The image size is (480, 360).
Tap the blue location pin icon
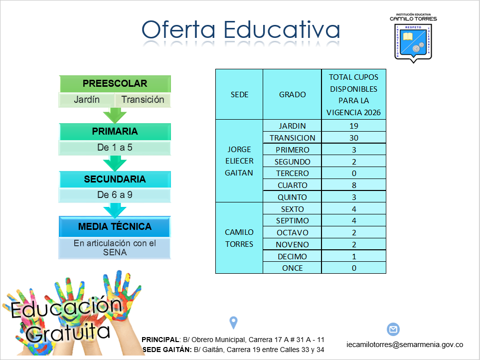(x=234, y=323)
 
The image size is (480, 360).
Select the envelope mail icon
(x=393, y=329)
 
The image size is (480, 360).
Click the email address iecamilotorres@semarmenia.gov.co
(x=405, y=345)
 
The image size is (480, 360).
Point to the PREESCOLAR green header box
(x=115, y=84)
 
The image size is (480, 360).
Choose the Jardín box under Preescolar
(x=87, y=100)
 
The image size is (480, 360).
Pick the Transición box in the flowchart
(x=143, y=100)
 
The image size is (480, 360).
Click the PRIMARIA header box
(x=115, y=132)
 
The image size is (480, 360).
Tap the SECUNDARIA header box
(x=115, y=180)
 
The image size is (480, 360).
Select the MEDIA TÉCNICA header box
(x=115, y=227)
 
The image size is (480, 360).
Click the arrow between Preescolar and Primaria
(x=115, y=115)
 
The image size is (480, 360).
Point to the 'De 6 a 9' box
(x=115, y=195)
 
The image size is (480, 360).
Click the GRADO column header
(x=293, y=94)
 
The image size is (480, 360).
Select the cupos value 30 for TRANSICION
(x=354, y=138)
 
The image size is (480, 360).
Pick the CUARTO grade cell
(x=293, y=185)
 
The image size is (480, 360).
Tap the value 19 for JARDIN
(x=354, y=126)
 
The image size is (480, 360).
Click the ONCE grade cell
(x=293, y=268)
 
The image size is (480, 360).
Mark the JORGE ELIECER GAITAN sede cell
(x=239, y=161)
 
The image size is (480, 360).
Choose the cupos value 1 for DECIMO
(x=354, y=256)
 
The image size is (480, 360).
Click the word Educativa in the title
(x=282, y=30)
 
